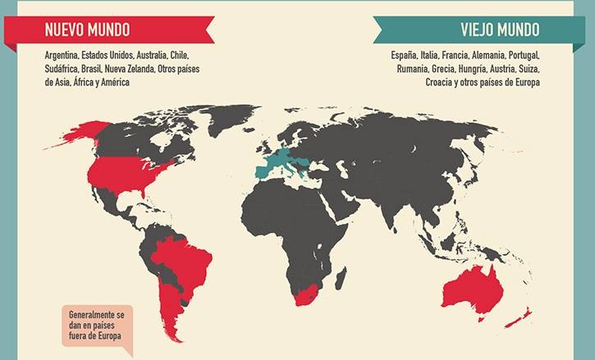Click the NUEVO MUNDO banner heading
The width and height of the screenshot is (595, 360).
coord(87,30)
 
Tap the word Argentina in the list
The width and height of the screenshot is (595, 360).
coord(63,55)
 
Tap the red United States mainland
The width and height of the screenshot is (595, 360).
coord(123,172)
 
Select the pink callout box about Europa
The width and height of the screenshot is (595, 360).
coord(97,327)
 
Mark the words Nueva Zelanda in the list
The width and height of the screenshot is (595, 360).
coord(130,69)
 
